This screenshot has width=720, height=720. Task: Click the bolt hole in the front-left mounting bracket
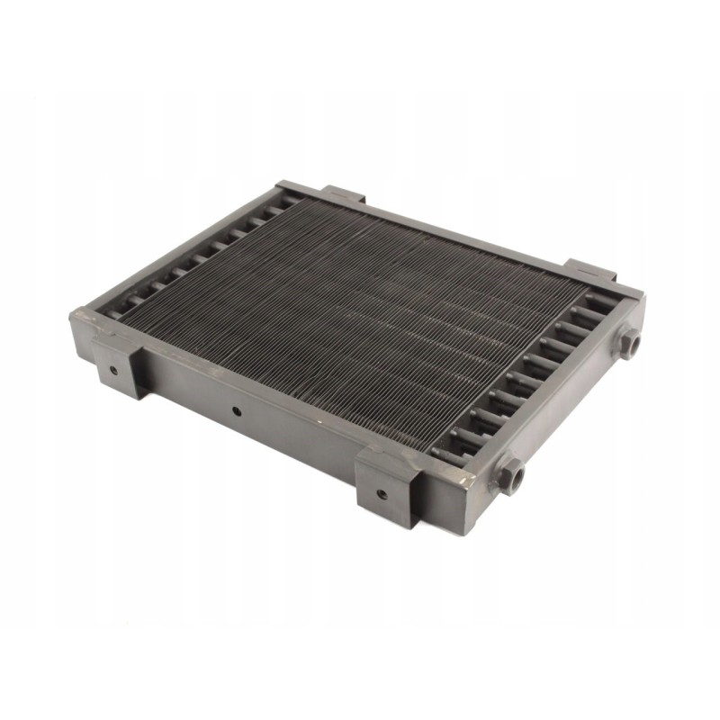pos(113,370)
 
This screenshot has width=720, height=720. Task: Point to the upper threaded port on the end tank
pos(632,342)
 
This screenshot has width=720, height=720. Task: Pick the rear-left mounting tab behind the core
pos(343,194)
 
